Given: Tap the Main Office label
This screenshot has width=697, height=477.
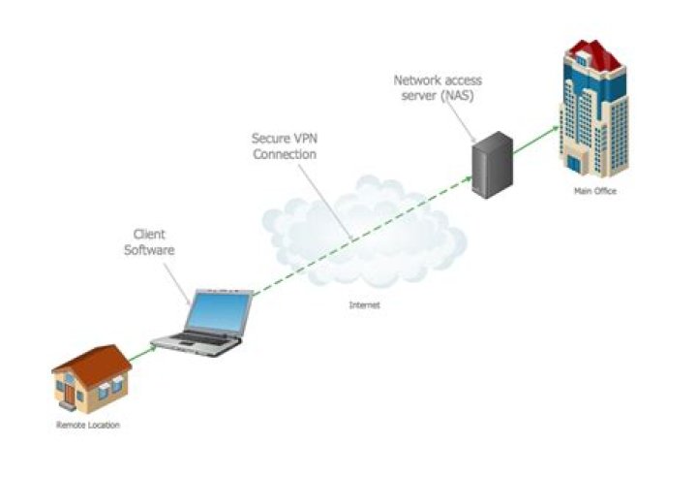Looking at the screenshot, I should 593,191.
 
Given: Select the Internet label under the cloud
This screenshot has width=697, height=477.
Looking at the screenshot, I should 365,305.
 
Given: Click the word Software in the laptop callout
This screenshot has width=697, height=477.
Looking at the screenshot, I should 154,251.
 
